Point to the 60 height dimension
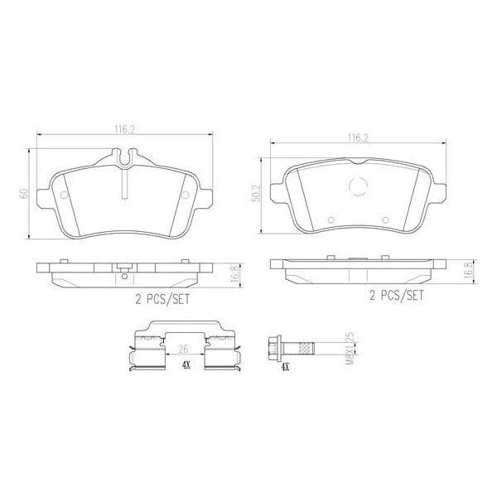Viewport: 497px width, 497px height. click(25, 194)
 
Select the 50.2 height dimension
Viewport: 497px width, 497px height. click(257, 193)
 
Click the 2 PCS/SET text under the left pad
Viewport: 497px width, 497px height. click(163, 300)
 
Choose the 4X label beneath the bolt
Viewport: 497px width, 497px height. click(285, 365)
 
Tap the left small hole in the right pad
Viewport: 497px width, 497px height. click(330, 220)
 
